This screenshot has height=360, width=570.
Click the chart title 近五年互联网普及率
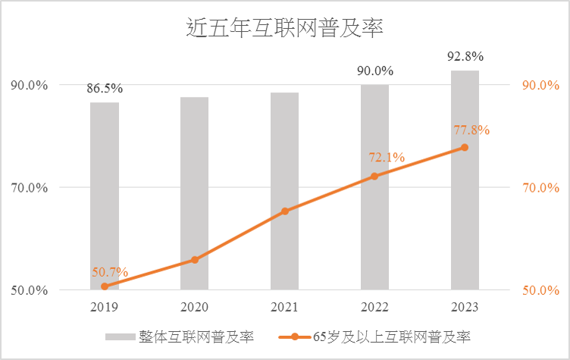285,30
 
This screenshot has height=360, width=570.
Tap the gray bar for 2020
194,193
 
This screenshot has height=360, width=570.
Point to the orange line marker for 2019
105,286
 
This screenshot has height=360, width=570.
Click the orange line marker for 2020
194,260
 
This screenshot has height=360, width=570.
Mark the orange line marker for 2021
284,211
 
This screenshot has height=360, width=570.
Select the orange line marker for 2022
374,176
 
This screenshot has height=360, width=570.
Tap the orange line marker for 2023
465,147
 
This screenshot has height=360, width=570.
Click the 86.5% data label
105,89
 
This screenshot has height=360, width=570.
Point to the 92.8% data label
465,57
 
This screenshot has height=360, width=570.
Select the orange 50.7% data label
111,272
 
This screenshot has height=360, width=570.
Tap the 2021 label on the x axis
284,307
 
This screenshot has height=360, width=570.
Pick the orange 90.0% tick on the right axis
541,85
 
